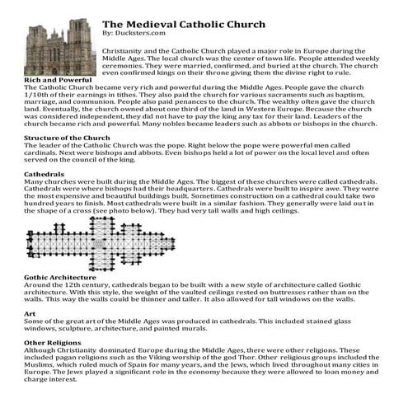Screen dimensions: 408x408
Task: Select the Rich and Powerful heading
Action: [x=56, y=79]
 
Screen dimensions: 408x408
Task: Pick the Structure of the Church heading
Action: [x=67, y=137]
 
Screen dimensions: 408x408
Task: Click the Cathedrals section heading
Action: [x=45, y=174]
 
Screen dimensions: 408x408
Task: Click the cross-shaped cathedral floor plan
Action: [x=102, y=243]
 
